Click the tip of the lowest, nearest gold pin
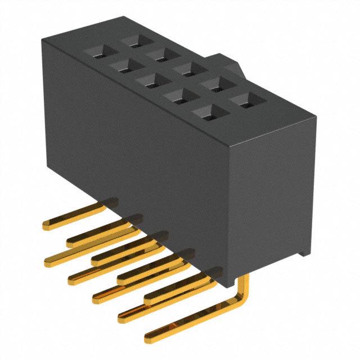coord(149,339)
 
